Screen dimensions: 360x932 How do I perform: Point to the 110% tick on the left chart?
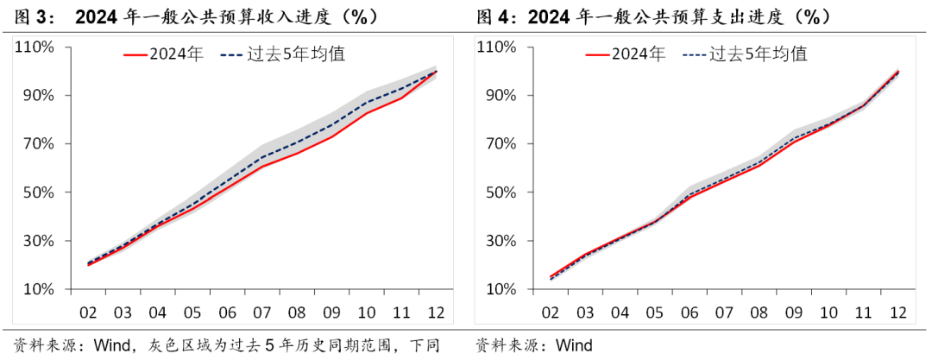pyautogui.click(x=35, y=47)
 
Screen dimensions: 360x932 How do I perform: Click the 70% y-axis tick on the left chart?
pyautogui.click(x=39, y=143)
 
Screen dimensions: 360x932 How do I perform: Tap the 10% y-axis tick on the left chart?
pyautogui.click(x=39, y=290)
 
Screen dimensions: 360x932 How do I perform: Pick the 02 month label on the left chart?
pyautogui.click(x=87, y=313)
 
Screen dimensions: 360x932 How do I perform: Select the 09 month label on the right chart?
pyautogui.click(x=793, y=313)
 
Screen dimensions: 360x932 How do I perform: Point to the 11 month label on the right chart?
pyautogui.click(x=863, y=313)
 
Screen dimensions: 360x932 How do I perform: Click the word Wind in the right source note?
pyautogui.click(x=574, y=346)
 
